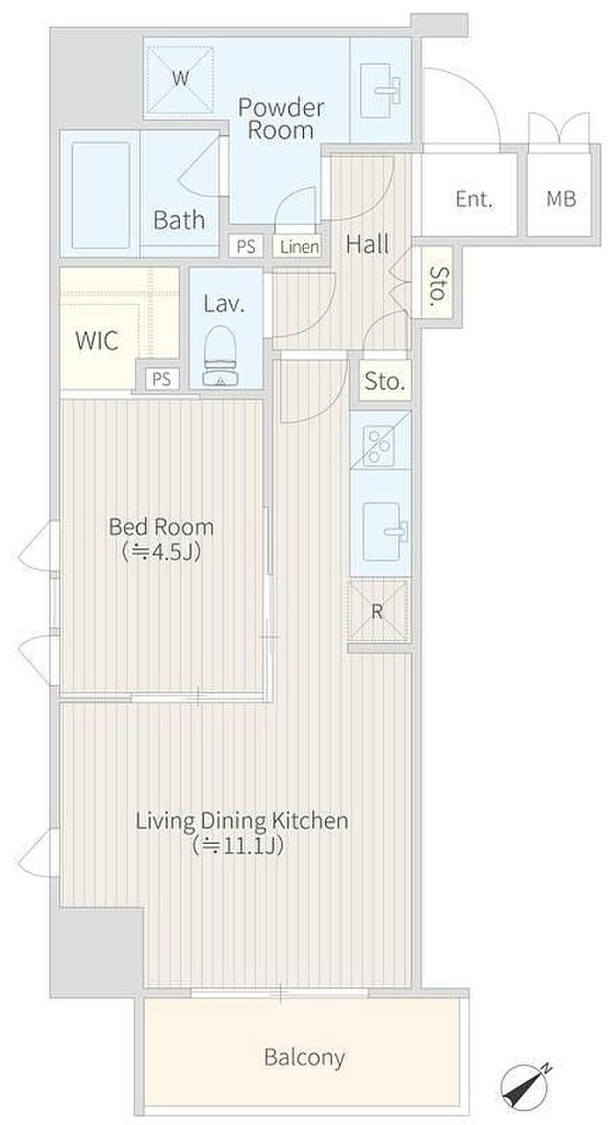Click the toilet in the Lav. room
[x=220, y=356]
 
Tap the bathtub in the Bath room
[x=100, y=195]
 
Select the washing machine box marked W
[x=180, y=79]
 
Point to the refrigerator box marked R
[x=378, y=610]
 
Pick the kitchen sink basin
[x=382, y=531]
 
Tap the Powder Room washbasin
[x=382, y=90]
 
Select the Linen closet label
[x=299, y=247]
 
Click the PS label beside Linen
[x=246, y=247]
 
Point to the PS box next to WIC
[x=162, y=379]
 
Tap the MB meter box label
[x=561, y=199]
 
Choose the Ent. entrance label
[x=474, y=199]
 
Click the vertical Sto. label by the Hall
[x=438, y=286]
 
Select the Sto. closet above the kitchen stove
[x=385, y=380]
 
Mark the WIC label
[x=97, y=341]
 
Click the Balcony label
[x=305, y=1057]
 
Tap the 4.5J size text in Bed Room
[x=162, y=552]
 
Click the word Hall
[x=367, y=244]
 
